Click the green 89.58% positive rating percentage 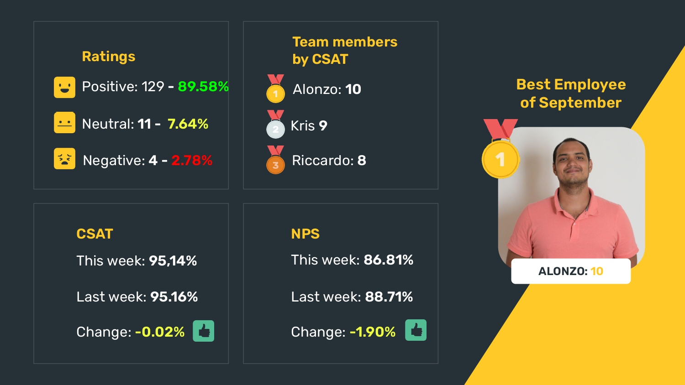click(203, 87)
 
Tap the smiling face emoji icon click(64, 87)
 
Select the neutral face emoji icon click(64, 123)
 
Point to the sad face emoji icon click(64, 159)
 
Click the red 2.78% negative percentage click(192, 161)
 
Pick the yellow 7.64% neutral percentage click(188, 124)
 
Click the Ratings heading click(109, 57)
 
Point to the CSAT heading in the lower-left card click(95, 234)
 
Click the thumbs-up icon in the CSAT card click(203, 331)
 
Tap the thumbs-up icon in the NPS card click(416, 330)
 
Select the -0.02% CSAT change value click(160, 332)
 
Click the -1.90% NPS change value click(373, 332)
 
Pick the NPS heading click(305, 234)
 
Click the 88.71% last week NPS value click(389, 297)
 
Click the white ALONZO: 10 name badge click(571, 271)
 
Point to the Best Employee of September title click(571, 94)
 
